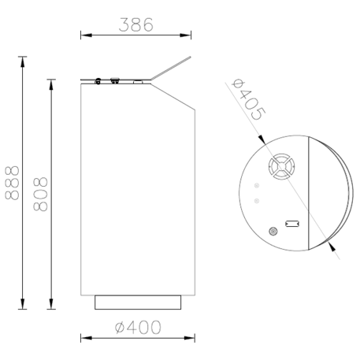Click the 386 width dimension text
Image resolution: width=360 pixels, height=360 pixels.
click(135, 24)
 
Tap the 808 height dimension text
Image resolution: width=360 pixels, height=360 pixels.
click(40, 194)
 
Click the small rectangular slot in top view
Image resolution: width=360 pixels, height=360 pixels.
click(291, 223)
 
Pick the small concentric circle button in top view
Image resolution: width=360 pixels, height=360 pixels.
click(273, 232)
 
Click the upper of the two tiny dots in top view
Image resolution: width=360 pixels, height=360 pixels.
click(258, 187)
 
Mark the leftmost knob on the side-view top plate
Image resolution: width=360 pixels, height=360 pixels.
click(98, 80)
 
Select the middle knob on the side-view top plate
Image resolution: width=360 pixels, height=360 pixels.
click(115, 80)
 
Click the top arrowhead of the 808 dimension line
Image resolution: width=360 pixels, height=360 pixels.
click(51, 82)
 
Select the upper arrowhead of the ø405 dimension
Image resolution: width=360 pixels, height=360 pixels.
click(263, 139)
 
